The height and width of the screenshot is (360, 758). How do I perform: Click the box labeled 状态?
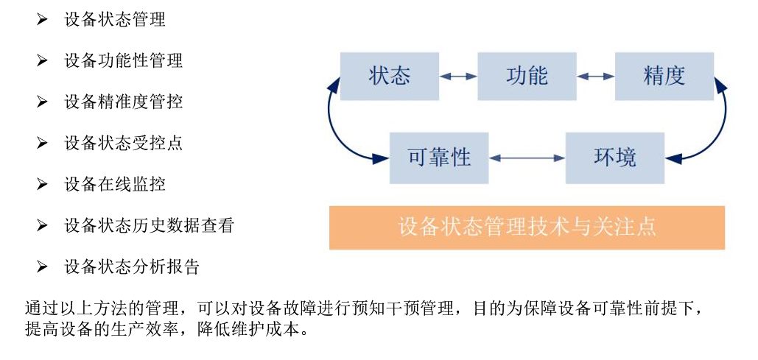[x=390, y=76]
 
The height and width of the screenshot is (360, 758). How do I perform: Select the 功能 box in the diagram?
[x=527, y=76]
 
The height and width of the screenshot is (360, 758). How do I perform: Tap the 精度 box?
[x=664, y=76]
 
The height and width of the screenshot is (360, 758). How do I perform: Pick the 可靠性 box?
[x=439, y=158]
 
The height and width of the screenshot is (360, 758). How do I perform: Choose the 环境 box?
[x=614, y=158]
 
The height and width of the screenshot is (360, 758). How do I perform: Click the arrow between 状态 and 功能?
[x=458, y=76]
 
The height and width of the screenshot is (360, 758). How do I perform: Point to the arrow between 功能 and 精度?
[x=596, y=76]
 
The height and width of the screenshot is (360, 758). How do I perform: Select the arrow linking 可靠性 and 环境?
[x=527, y=158]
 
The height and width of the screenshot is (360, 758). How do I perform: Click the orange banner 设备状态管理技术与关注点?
[x=527, y=227]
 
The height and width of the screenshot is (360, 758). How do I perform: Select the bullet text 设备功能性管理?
[x=123, y=61]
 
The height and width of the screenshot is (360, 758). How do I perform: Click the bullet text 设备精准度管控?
[x=123, y=102]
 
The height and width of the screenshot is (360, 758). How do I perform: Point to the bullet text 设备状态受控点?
[x=123, y=144]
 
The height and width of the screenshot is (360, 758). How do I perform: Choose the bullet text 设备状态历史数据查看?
[x=149, y=226]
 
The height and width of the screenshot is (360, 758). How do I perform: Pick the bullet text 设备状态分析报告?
[x=132, y=267]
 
